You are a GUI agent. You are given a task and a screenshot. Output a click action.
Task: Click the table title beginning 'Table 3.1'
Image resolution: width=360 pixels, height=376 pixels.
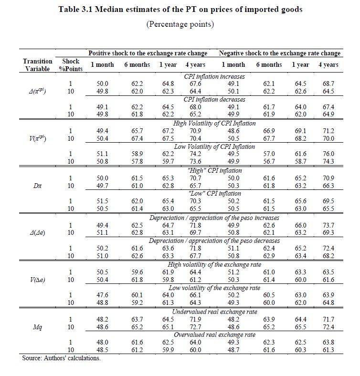[180, 10]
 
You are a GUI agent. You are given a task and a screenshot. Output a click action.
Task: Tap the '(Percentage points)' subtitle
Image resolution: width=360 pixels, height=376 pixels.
[180, 24]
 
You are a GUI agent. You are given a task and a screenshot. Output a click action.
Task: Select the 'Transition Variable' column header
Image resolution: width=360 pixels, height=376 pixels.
[38, 65]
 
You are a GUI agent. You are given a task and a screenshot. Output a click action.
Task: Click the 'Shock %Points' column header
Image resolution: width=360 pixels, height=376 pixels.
[71, 65]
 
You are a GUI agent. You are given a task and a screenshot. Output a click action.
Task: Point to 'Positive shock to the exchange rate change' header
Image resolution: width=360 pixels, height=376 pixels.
[148, 53]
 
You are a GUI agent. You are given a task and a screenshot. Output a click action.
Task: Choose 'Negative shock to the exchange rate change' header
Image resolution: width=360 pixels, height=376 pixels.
[280, 53]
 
